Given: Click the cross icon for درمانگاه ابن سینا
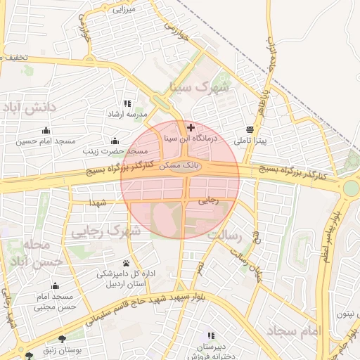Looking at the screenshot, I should click(191, 127).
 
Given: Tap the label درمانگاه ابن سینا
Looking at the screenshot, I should click(191, 139).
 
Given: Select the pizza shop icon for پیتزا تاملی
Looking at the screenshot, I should click(251, 129).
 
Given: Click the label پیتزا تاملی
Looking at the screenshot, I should click(252, 141).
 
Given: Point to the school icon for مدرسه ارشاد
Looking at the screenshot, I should click(127, 103).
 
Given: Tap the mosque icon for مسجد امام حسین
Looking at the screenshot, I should click(46, 130).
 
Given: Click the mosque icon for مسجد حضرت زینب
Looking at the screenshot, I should click(115, 140).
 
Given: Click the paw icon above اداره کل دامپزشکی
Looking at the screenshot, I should click(126, 263).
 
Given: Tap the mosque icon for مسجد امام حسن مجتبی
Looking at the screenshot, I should click(56, 285).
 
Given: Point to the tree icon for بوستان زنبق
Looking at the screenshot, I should click(62, 337).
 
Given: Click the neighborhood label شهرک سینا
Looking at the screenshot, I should click(200, 88).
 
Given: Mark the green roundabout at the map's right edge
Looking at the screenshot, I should click(351, 188).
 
